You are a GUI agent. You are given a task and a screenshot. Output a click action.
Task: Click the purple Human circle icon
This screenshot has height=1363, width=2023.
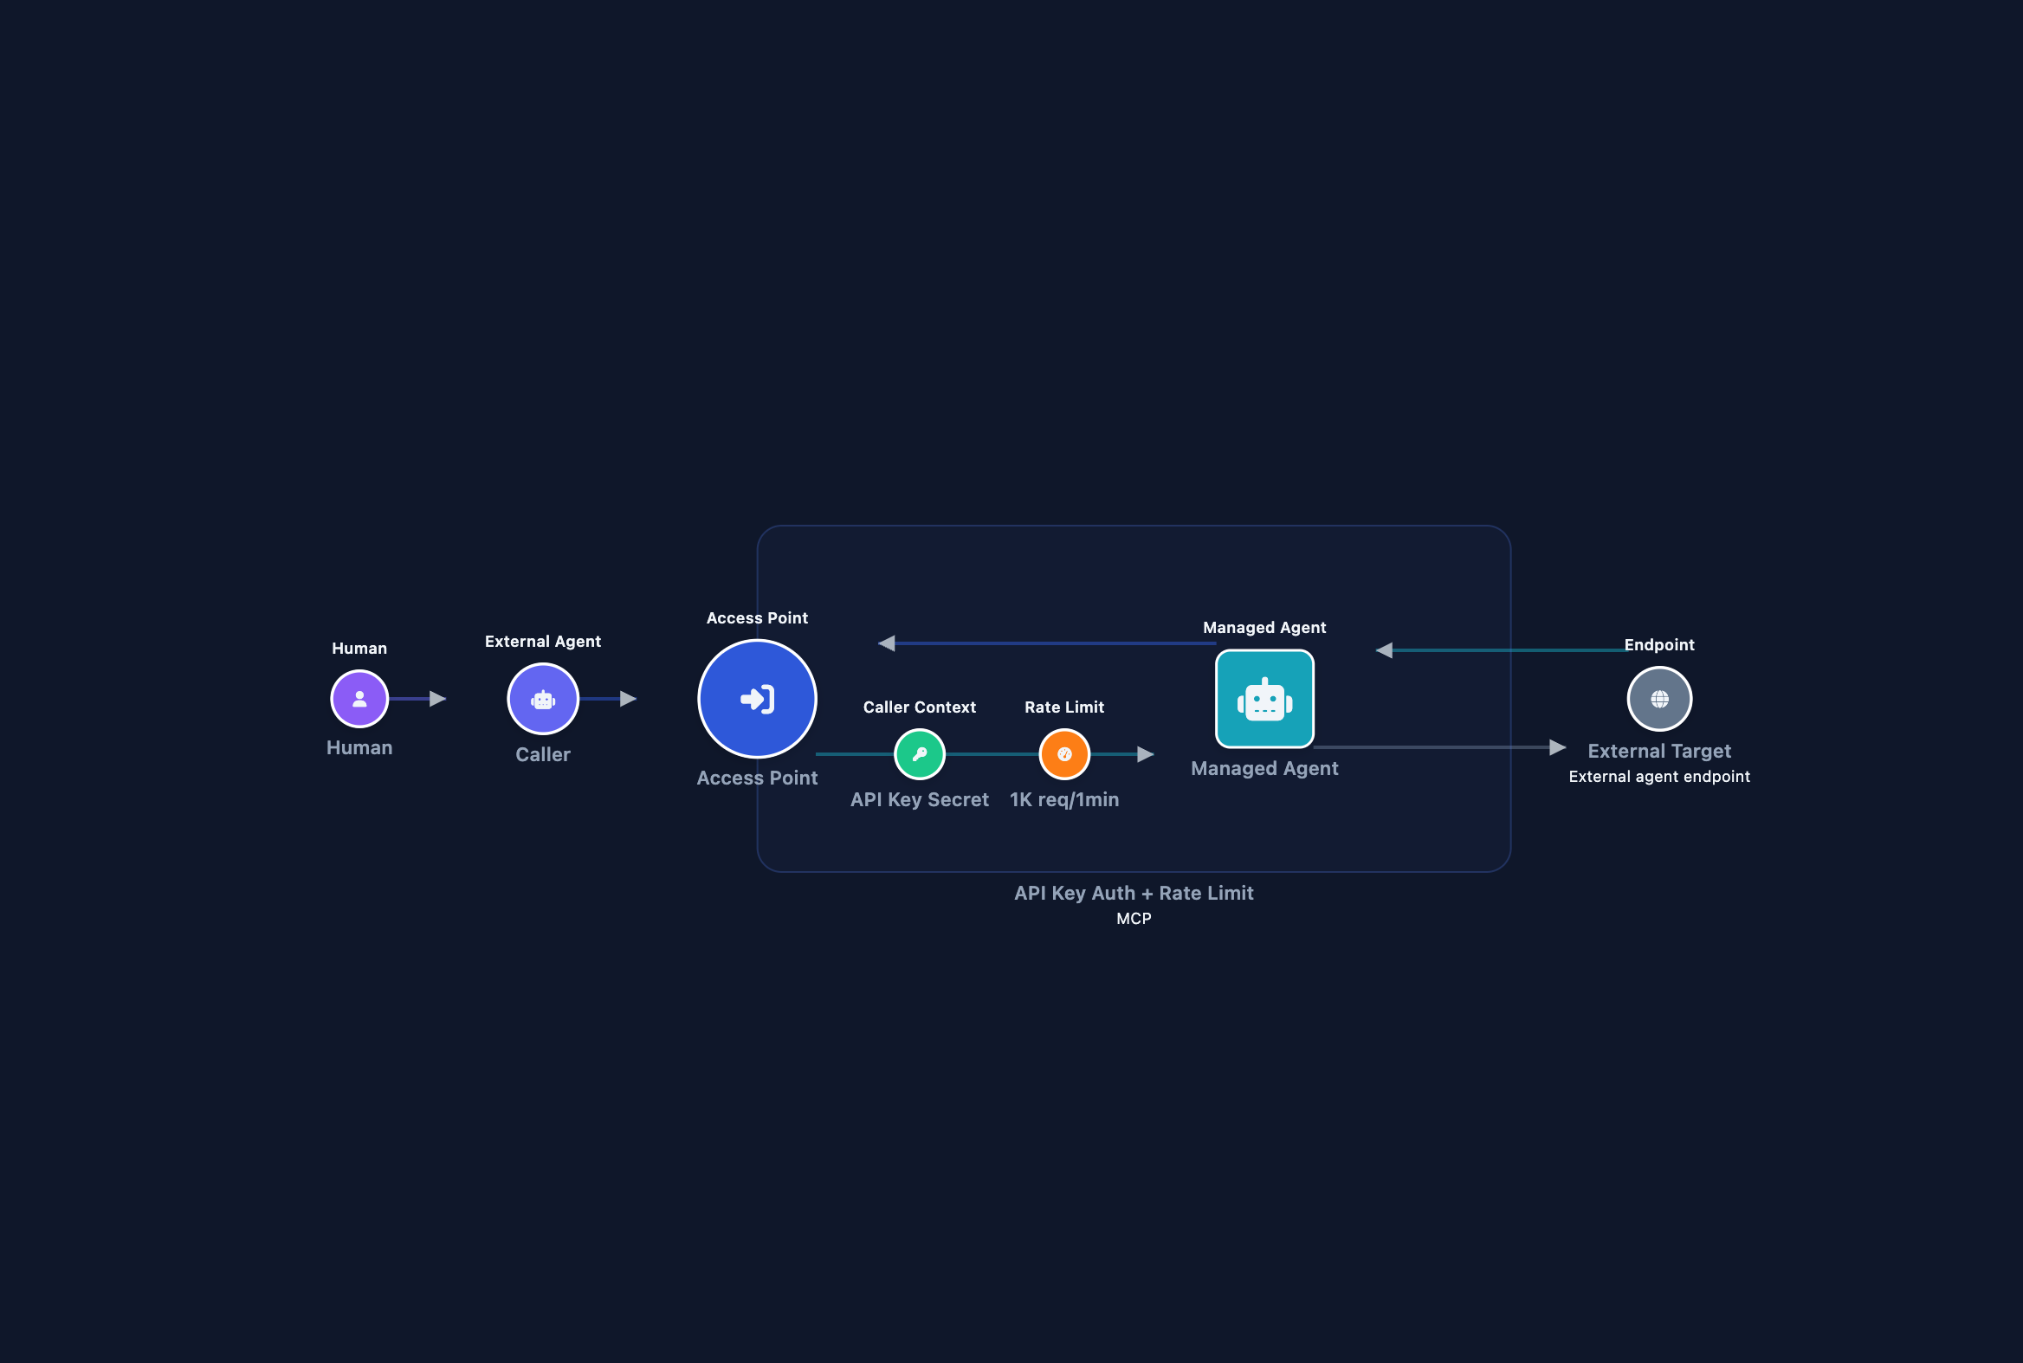coord(359,699)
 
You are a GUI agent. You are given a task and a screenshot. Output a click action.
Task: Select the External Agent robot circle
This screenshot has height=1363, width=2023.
coord(542,699)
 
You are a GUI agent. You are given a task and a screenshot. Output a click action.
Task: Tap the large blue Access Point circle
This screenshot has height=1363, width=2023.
coord(756,699)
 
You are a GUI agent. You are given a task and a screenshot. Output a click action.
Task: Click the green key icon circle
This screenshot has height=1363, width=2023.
coord(919,754)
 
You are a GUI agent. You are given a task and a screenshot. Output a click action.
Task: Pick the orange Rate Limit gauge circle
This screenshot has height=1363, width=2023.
coord(1064,754)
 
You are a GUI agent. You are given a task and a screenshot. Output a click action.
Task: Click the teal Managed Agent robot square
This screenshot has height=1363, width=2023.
coord(1264,699)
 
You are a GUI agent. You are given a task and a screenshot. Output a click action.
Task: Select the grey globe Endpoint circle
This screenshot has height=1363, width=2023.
coord(1658,699)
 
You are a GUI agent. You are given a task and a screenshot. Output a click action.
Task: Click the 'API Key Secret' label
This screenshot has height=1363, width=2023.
coord(919,800)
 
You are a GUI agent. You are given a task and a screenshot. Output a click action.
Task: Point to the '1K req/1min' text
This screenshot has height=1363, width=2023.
coord(1064,800)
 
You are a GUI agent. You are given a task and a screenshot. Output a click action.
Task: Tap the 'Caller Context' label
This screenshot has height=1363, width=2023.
coord(919,707)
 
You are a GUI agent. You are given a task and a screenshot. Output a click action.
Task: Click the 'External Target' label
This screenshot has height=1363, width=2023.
coord(1658,751)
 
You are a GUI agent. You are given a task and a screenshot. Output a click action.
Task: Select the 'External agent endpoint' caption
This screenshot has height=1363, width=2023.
coord(1658,777)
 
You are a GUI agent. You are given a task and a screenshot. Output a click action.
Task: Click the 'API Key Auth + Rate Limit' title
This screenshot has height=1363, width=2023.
coord(1134,894)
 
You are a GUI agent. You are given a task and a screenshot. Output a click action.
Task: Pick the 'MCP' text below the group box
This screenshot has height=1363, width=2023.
coord(1134,919)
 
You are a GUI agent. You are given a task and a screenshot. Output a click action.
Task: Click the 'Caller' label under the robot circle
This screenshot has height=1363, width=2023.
coord(542,754)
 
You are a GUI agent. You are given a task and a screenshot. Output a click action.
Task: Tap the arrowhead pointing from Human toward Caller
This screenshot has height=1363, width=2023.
coord(438,699)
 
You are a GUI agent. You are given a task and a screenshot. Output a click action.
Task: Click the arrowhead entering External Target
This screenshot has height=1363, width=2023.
coord(1558,747)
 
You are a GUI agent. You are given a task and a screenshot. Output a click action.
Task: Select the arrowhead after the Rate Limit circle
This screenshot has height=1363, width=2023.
coord(1146,754)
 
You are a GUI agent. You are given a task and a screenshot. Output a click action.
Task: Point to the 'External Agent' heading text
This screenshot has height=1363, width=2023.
coord(542,642)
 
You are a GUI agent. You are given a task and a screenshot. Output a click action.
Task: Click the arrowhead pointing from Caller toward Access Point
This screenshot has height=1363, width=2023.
coord(629,699)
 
